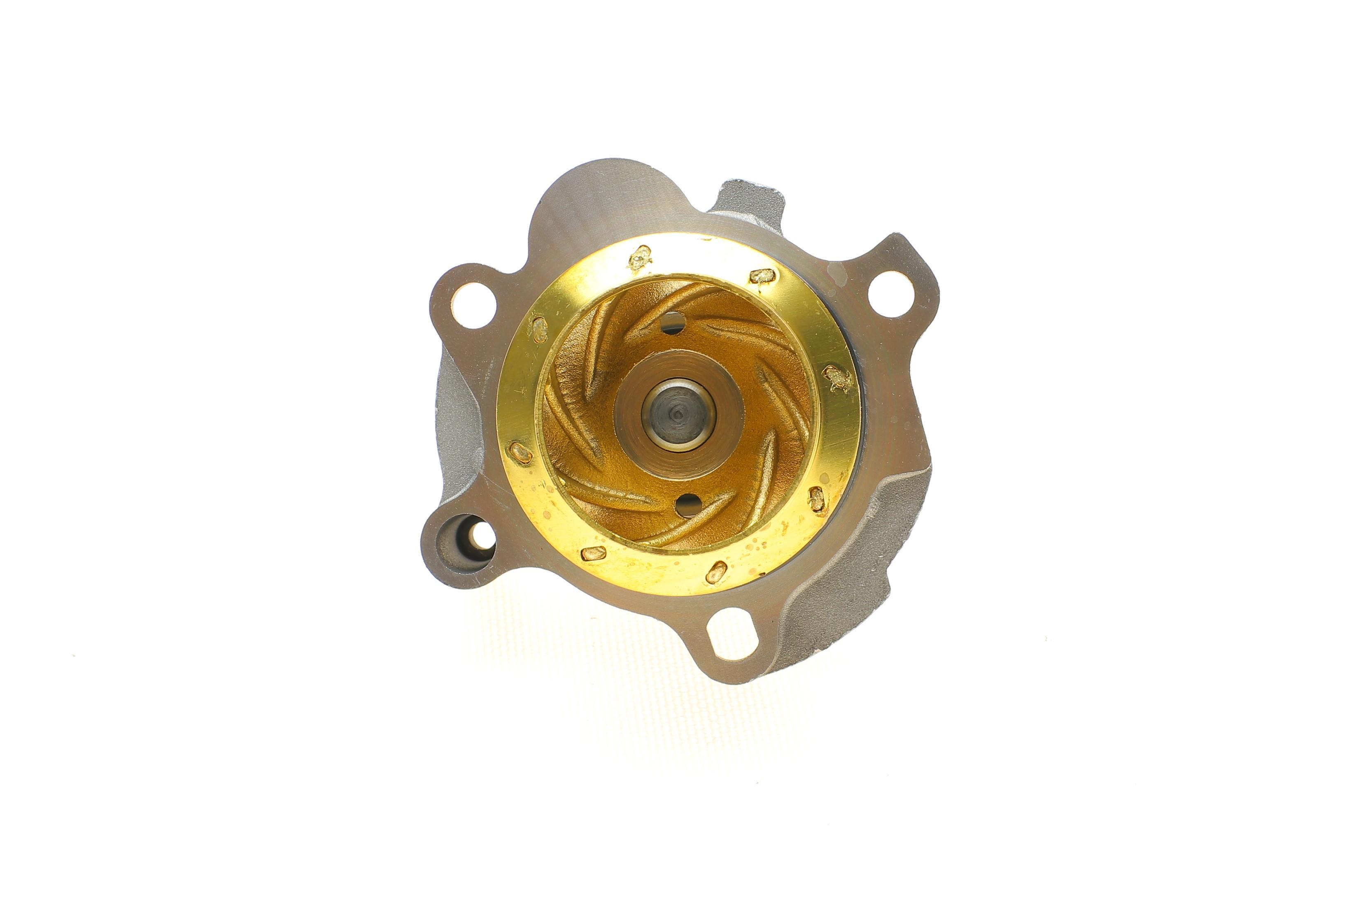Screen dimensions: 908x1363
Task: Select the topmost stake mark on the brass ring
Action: (640, 259)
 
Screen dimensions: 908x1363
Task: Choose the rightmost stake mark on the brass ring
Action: (838, 379)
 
